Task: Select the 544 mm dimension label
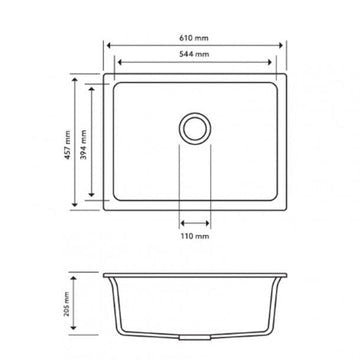click(196, 52)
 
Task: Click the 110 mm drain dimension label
click(196, 238)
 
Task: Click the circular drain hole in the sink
click(196, 128)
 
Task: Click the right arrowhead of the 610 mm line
click(284, 44)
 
